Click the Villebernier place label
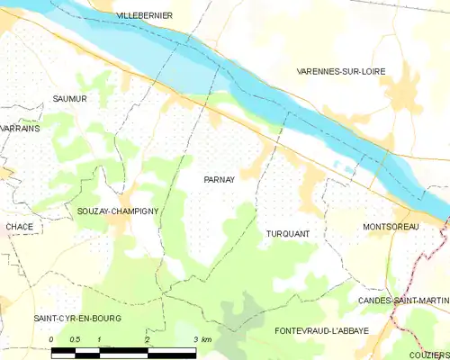145,16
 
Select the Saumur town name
69,99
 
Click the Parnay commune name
219,179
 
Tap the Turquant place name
288,234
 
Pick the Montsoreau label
391,227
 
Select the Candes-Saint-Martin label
403,300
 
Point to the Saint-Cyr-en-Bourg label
77,319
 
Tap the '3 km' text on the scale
202,339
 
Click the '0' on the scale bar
51,339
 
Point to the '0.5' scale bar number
75,339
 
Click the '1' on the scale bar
99,339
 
